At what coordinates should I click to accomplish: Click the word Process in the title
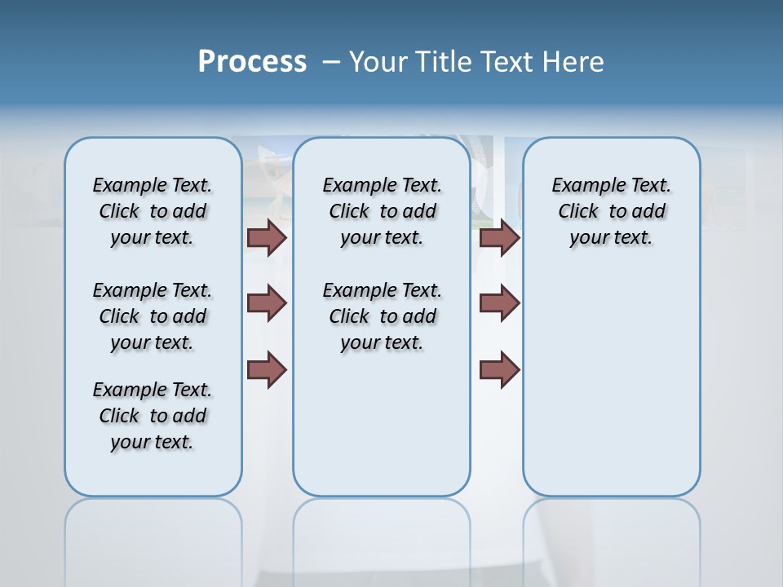pyautogui.click(x=252, y=62)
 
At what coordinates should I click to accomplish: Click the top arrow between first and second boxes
pyautogui.click(x=267, y=237)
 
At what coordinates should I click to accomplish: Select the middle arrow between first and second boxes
pyautogui.click(x=267, y=303)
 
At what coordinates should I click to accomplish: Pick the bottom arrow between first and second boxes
pyautogui.click(x=267, y=369)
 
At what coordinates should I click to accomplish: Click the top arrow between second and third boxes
pyautogui.click(x=499, y=237)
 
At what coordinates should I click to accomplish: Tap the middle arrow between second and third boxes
pyautogui.click(x=499, y=303)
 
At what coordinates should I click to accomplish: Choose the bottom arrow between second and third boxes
pyautogui.click(x=499, y=369)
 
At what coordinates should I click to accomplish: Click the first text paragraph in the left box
pyautogui.click(x=153, y=211)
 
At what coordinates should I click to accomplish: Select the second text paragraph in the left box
pyautogui.click(x=153, y=316)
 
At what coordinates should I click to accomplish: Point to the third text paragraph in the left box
pyautogui.click(x=153, y=416)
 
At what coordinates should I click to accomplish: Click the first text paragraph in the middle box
pyautogui.click(x=382, y=211)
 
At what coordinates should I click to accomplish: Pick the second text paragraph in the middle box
pyautogui.click(x=382, y=316)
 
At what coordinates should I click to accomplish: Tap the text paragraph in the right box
pyautogui.click(x=611, y=211)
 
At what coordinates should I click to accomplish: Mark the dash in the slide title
pyautogui.click(x=331, y=62)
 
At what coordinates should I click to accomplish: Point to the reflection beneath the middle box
pyautogui.click(x=382, y=538)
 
